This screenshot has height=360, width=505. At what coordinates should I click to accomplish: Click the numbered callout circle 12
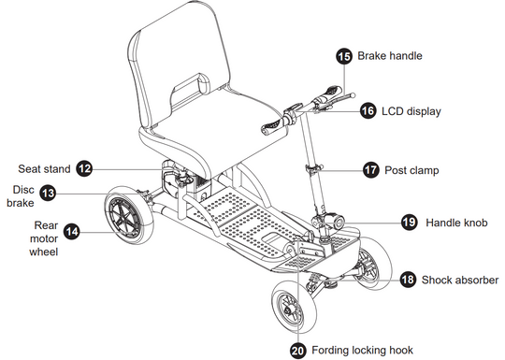coord(84,168)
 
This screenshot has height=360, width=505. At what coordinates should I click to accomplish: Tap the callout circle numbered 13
coord(48,194)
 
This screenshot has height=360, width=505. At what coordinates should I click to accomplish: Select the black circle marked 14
coord(72,232)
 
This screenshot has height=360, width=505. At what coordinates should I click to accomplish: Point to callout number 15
coord(344,56)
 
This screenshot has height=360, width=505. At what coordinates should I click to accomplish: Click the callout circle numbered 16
coord(368,111)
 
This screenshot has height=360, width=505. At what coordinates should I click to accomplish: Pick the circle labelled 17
coord(371,169)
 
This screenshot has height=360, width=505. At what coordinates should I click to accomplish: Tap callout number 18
coord(408,280)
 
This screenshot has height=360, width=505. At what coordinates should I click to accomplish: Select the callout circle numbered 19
coord(410,223)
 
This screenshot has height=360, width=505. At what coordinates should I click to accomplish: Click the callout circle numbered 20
coord(298,351)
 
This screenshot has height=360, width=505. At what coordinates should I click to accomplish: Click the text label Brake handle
coord(390,56)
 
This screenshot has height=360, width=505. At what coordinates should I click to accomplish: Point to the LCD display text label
coord(411,111)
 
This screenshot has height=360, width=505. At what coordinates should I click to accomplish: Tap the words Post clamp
coord(411,170)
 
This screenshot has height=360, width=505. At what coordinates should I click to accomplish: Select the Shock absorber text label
coord(460,280)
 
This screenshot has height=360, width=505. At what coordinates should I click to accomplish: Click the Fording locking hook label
coord(362,350)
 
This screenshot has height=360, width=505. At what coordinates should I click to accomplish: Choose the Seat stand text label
coord(44,169)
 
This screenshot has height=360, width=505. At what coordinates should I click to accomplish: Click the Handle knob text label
coord(456,223)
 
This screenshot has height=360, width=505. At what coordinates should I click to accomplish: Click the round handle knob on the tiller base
coord(338,222)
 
